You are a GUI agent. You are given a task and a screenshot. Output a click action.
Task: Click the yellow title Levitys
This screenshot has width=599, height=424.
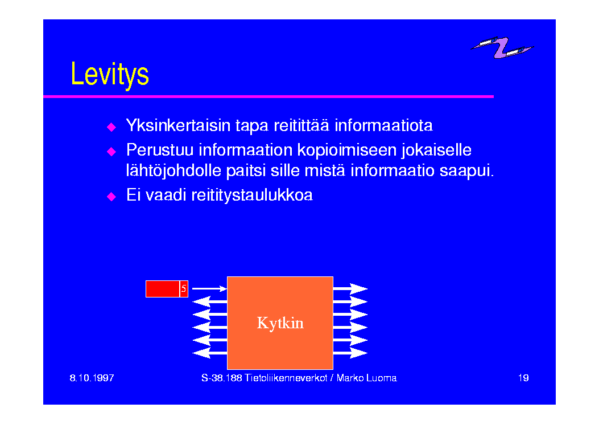click(110, 74)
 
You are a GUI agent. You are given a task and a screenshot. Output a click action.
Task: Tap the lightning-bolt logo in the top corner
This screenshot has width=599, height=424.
click(502, 47)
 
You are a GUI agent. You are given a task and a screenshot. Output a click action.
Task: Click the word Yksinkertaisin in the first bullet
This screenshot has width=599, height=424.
click(179, 125)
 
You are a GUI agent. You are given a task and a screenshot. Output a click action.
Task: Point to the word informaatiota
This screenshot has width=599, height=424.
click(383, 125)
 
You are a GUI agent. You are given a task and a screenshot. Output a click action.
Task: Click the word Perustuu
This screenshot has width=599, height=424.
click(160, 150)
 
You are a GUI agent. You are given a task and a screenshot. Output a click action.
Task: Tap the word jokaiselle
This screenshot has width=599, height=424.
click(437, 150)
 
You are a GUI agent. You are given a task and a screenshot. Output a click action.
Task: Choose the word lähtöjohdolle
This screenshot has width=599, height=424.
click(174, 170)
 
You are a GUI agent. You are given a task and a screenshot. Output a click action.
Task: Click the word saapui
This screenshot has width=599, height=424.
click(467, 170)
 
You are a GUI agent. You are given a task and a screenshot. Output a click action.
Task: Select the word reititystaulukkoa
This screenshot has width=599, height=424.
click(252, 195)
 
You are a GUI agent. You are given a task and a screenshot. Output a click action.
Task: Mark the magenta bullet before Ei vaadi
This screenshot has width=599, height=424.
click(111, 197)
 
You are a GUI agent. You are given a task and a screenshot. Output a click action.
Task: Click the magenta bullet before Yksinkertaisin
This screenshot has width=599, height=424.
click(111, 127)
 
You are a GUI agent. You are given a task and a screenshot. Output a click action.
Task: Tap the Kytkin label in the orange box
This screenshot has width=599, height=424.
click(280, 323)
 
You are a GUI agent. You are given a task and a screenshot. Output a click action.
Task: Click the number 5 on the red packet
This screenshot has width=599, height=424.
click(184, 288)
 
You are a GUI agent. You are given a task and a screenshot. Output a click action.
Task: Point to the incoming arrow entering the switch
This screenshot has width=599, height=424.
click(210, 288)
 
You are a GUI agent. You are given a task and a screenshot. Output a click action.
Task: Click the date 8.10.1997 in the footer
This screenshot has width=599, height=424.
click(92, 378)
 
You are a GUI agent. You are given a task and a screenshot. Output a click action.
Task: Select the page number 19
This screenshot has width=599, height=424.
click(523, 378)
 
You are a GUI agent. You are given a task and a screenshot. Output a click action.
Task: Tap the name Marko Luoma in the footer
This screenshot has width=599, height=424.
click(367, 378)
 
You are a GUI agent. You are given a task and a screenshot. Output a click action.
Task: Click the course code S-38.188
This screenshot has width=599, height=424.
click(222, 378)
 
